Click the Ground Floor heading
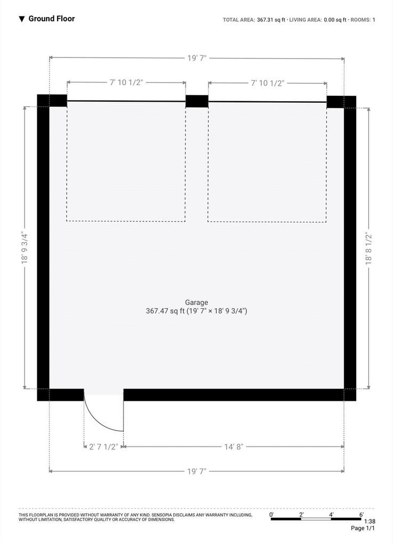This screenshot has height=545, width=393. tap(52, 19)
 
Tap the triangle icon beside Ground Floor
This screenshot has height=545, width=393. tap(21, 19)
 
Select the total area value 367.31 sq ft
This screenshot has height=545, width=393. tap(271, 20)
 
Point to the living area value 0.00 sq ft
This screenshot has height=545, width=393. tap(335, 20)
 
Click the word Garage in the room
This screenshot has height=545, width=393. tap(196, 302)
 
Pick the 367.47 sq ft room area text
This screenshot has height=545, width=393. tap(165, 311)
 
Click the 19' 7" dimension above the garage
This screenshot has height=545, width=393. tap(197, 58)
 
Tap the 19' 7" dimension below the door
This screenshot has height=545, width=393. tap(197, 472)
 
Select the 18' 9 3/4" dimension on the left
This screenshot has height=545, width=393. tap(25, 247)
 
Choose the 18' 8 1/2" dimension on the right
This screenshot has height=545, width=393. tap(368, 249)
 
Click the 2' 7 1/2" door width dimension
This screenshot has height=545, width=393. tap(104, 447)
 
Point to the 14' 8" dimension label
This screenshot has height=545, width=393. tap(233, 447)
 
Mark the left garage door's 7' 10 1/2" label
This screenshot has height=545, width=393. tap(126, 82)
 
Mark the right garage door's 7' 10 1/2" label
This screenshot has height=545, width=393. tap(268, 83)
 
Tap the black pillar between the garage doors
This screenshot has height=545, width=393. tap(197, 102)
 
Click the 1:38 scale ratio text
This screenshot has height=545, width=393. tap(370, 522)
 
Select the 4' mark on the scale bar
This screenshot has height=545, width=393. tap(331, 515)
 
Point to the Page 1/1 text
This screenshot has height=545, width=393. tap(363, 529)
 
